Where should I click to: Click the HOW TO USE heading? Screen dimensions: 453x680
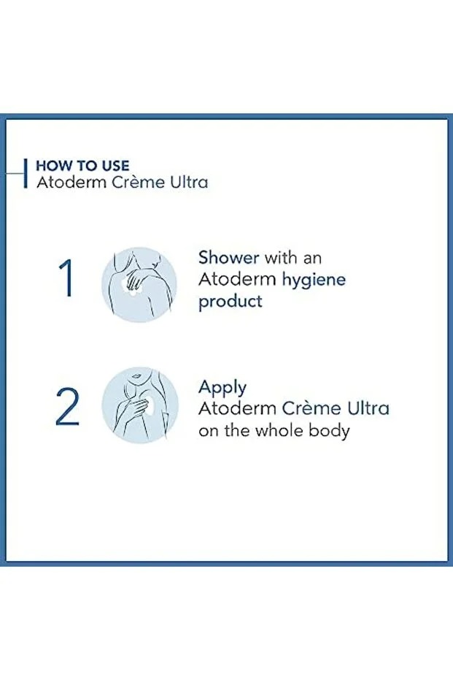coord(82,166)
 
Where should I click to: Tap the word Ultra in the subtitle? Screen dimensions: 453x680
coord(189,182)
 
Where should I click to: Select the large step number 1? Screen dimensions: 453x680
coord(66,278)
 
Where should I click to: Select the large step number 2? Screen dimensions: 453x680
coord(68,406)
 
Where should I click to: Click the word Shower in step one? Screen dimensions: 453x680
coord(228,258)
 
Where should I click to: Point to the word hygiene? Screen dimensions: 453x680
coord(314,280)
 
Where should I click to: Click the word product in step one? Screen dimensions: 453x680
coord(231,302)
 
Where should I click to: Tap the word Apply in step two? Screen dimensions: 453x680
coord(222,388)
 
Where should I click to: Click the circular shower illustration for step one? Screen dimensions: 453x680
coord(139,285)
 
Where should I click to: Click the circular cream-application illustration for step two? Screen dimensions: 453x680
coord(140,405)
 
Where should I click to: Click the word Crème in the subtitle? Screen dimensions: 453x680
coord(138,182)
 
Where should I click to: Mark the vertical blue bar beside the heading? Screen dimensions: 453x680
coord(26,174)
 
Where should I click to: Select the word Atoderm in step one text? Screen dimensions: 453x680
coord(237,279)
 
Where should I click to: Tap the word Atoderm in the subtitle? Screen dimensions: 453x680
coord(71,182)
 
